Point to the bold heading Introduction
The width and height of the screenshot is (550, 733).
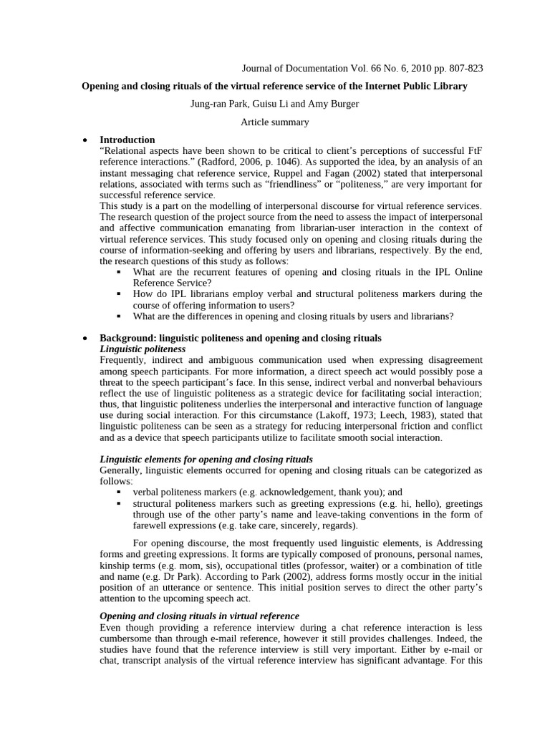click(x=127, y=140)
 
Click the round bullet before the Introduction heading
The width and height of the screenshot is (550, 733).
click(x=86, y=140)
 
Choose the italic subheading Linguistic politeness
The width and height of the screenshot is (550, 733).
click(x=143, y=349)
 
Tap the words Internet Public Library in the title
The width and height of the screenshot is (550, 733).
click(x=415, y=87)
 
